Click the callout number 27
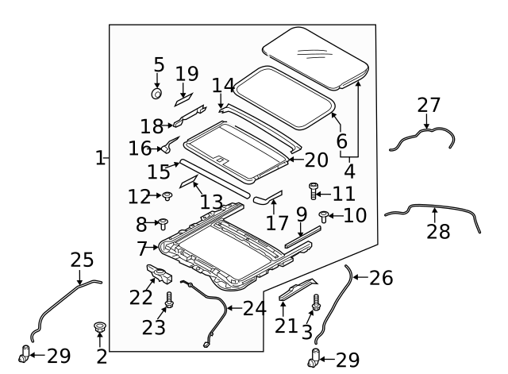pos(428,106)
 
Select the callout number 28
pos(438,232)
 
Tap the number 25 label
pos(82,260)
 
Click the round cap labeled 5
pos(156,94)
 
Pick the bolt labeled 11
pos(313,191)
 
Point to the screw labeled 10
pos(324,214)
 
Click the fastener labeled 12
pos(167,196)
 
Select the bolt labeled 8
pos(163,224)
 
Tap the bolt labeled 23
pos(168,302)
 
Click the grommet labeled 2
pos(100,327)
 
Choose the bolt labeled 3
pos(316,303)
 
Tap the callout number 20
pos(316,160)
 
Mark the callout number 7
pos(141,249)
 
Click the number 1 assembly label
pos(99,158)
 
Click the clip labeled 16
pos(169,145)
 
